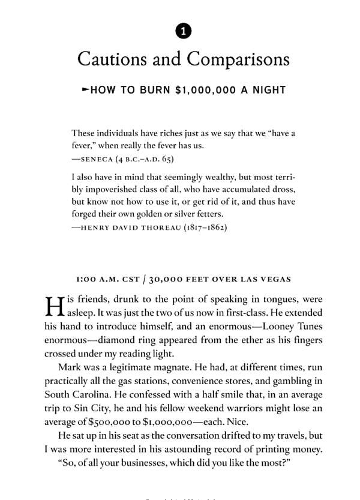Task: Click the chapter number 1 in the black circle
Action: [184, 31]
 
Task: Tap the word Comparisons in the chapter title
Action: [238, 59]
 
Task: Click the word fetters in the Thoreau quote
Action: [208, 214]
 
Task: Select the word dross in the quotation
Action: [283, 190]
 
